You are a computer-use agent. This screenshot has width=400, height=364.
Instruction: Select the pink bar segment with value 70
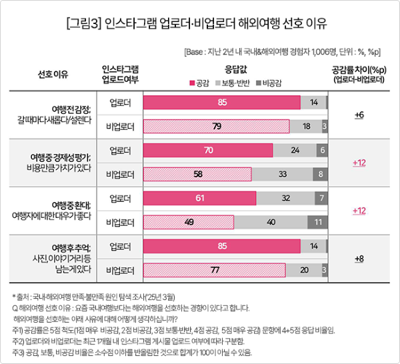(208, 151)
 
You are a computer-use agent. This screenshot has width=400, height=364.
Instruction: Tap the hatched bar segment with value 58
(197, 175)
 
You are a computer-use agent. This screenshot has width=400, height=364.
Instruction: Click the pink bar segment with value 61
(200, 198)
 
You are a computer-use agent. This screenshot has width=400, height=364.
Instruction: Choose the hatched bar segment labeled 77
(215, 270)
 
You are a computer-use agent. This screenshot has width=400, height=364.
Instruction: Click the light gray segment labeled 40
(271, 222)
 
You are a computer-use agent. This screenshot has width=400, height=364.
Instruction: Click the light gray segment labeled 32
(285, 198)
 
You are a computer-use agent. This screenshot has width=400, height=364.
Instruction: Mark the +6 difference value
(359, 115)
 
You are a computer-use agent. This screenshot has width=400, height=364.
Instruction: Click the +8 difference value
(359, 258)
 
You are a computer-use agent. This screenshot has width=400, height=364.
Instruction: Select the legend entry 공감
(199, 82)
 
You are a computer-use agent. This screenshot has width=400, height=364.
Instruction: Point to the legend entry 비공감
(269, 82)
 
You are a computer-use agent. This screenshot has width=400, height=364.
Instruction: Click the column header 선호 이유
(54, 74)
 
